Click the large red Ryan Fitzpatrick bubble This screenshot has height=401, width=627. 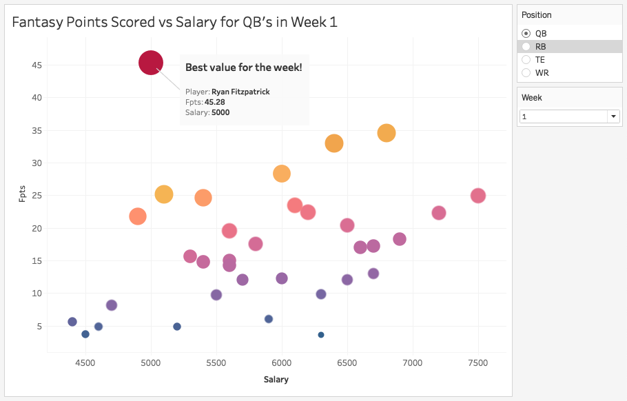151,63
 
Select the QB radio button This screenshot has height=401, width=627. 526,33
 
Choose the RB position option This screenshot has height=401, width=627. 526,46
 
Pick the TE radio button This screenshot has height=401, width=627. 526,59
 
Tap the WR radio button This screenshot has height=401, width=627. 526,72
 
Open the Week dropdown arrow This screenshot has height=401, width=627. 613,116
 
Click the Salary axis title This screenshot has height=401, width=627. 276,379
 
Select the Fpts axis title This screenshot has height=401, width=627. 22,192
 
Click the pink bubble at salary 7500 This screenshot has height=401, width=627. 478,196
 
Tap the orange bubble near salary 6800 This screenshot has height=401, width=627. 387,133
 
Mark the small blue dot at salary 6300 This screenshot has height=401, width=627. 321,335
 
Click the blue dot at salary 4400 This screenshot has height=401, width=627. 72,322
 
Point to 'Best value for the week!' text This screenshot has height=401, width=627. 243,68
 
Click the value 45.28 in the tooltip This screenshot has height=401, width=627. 215,102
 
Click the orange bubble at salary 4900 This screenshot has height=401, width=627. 138,216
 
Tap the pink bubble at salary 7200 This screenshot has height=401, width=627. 439,213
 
